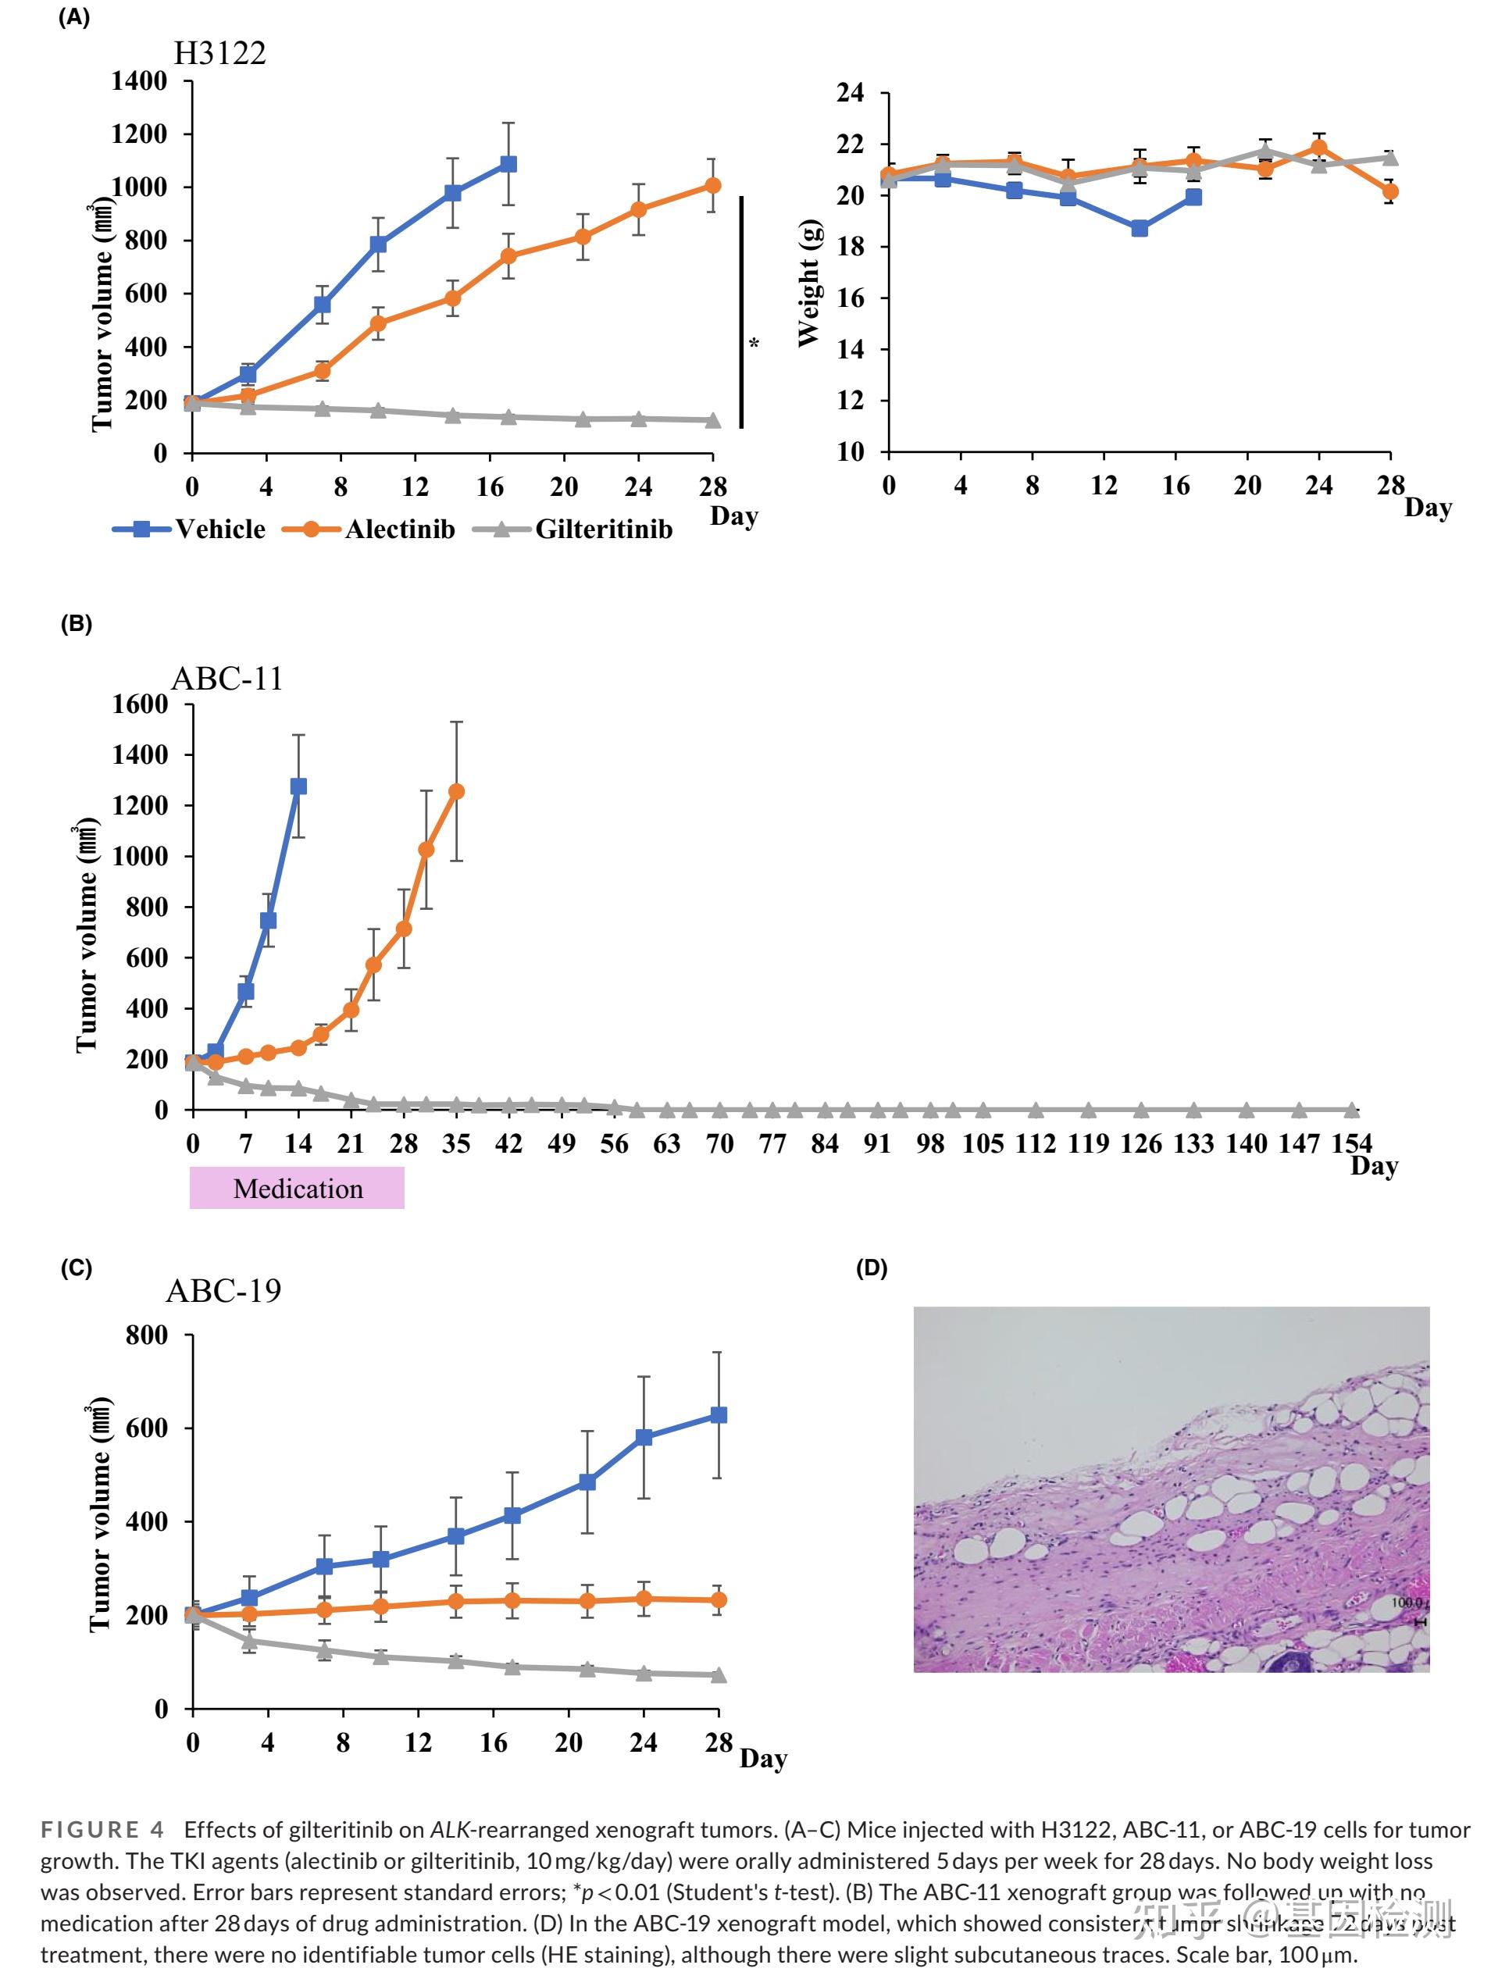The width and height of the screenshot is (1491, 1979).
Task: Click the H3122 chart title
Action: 220,54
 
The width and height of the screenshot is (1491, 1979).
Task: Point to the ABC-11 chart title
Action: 227,679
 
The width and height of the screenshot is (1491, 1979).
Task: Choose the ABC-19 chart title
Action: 223,1290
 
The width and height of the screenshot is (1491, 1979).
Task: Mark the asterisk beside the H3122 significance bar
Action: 754,344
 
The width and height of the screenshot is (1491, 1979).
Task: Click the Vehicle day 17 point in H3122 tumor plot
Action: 508,164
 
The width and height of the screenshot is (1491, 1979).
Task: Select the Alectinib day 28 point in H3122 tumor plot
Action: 712,185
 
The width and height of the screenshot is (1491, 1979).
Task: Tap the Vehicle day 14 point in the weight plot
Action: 1140,228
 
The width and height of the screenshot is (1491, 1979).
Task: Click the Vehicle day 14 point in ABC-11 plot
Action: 298,786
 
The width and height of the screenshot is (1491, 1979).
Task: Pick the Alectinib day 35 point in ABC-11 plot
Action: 456,791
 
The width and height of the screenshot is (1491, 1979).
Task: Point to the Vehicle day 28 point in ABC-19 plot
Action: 718,1414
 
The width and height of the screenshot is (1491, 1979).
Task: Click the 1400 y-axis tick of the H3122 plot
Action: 140,81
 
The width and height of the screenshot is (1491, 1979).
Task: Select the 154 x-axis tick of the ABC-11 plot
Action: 1351,1143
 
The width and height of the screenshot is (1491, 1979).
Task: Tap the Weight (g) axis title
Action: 809,282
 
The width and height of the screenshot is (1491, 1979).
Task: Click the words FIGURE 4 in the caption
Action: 103,1830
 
